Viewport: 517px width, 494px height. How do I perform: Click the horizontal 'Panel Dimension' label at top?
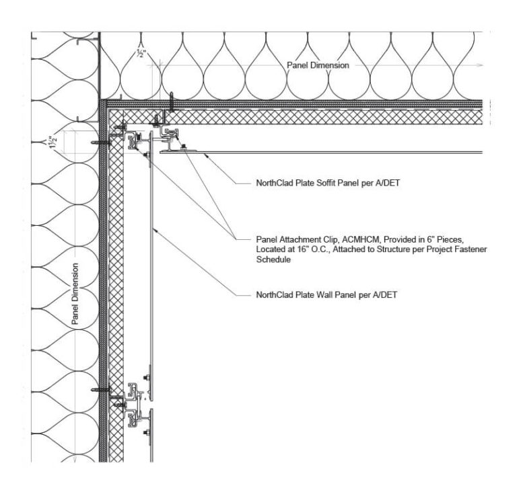click(318, 65)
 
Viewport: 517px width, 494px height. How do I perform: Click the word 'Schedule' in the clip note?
click(273, 260)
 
